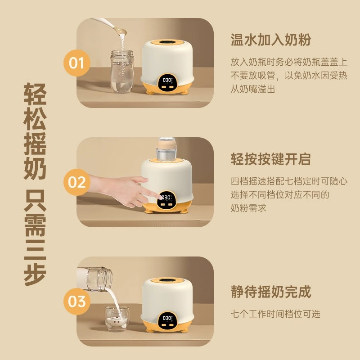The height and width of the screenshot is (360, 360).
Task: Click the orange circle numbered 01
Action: pos(77,63)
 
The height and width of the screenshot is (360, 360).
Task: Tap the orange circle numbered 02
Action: pos(77,182)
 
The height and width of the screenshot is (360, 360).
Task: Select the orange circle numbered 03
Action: pos(77,301)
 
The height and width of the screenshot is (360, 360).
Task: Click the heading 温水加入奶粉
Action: pos(271,40)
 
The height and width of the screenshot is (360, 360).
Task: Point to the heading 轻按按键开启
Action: pos(271,159)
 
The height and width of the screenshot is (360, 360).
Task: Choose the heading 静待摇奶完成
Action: pos(271,292)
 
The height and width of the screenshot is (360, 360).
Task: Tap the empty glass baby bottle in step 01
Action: pos(122,71)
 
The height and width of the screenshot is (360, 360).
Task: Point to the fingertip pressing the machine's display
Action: pos(160,197)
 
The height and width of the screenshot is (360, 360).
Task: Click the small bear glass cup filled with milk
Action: pos(117,319)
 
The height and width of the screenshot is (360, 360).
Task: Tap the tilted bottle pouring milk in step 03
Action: pos(94,279)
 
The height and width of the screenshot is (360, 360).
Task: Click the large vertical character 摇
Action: pos(35,144)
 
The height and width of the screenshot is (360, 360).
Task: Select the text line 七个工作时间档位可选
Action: pos(275,314)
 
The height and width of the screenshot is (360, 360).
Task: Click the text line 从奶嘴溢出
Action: pos(253,89)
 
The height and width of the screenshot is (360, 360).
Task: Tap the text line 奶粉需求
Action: pos(248,208)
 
